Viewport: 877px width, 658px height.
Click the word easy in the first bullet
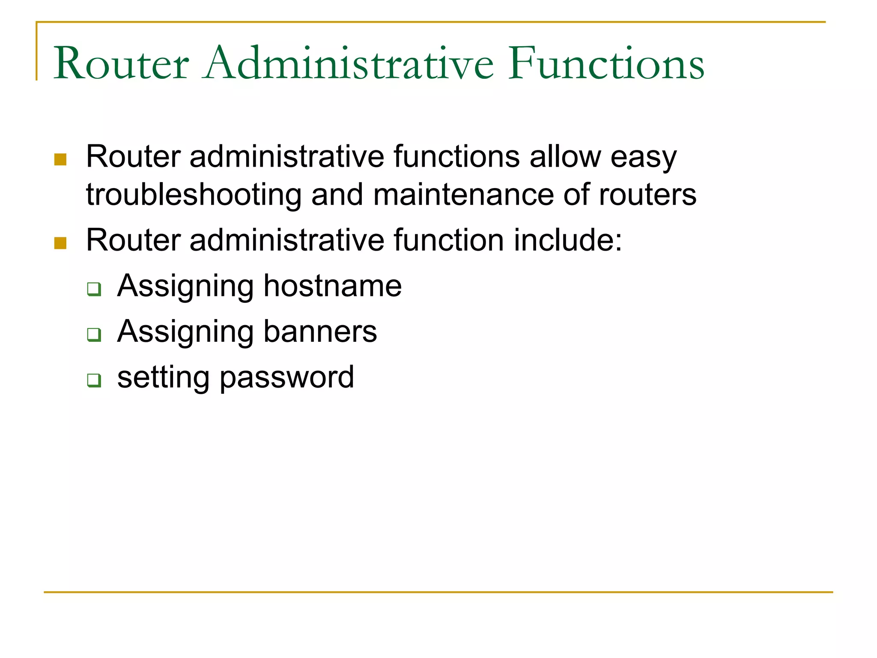643,157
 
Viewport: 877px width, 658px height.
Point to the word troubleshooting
194,195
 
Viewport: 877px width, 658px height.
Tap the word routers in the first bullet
647,195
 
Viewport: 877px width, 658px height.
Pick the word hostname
332,286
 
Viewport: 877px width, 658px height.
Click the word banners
320,332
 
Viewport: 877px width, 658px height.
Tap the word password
287,378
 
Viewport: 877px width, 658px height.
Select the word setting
163,378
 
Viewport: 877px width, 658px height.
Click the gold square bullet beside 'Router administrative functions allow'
60,159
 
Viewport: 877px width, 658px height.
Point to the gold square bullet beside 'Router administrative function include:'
60,243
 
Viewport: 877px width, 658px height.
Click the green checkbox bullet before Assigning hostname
94,289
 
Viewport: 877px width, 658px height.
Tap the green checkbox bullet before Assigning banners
94,334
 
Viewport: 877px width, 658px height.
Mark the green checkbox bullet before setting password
94,380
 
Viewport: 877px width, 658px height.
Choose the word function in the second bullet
448,240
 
